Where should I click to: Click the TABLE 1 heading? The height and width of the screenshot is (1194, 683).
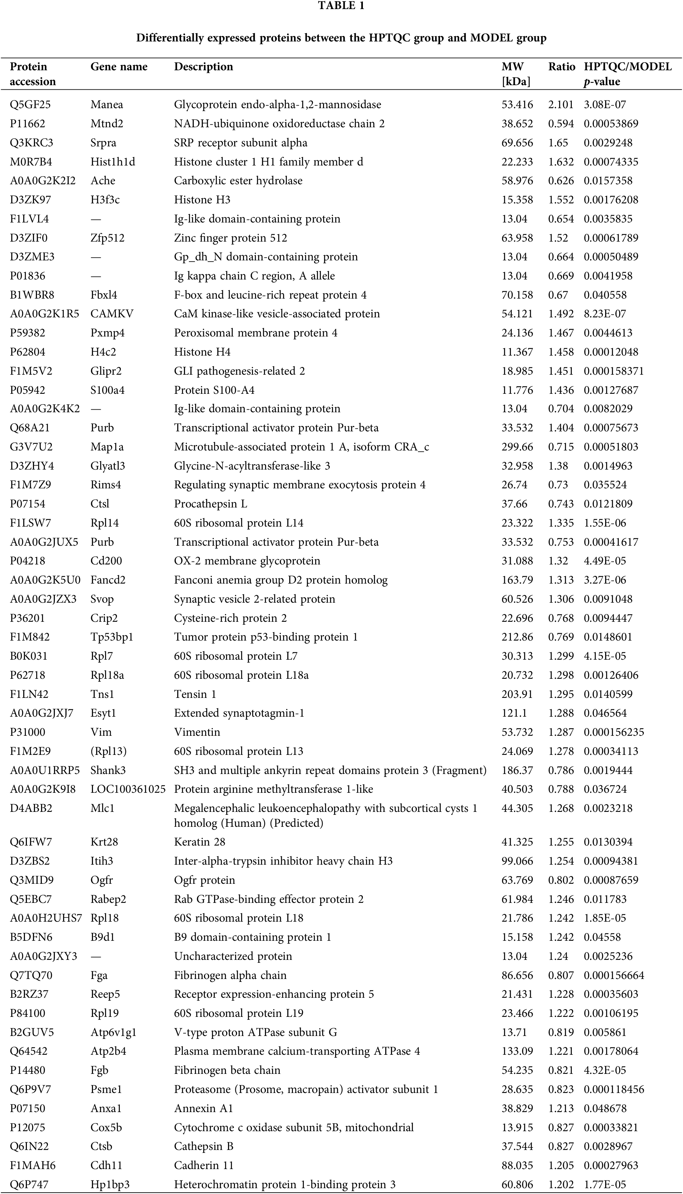(341, 6)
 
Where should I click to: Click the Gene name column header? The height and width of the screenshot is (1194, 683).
(119, 67)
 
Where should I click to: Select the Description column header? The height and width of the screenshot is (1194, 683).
(203, 67)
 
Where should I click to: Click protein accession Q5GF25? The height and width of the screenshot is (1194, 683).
(30, 105)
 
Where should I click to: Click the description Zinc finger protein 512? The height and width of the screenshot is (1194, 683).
(230, 238)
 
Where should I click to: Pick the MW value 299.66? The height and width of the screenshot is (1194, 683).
(517, 447)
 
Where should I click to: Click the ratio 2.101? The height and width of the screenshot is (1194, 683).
(561, 105)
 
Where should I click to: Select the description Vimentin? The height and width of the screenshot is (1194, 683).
(197, 732)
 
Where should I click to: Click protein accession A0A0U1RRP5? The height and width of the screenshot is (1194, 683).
(45, 770)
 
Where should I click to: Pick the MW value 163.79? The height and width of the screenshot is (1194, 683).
(517, 580)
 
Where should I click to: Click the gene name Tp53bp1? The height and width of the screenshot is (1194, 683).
(112, 637)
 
